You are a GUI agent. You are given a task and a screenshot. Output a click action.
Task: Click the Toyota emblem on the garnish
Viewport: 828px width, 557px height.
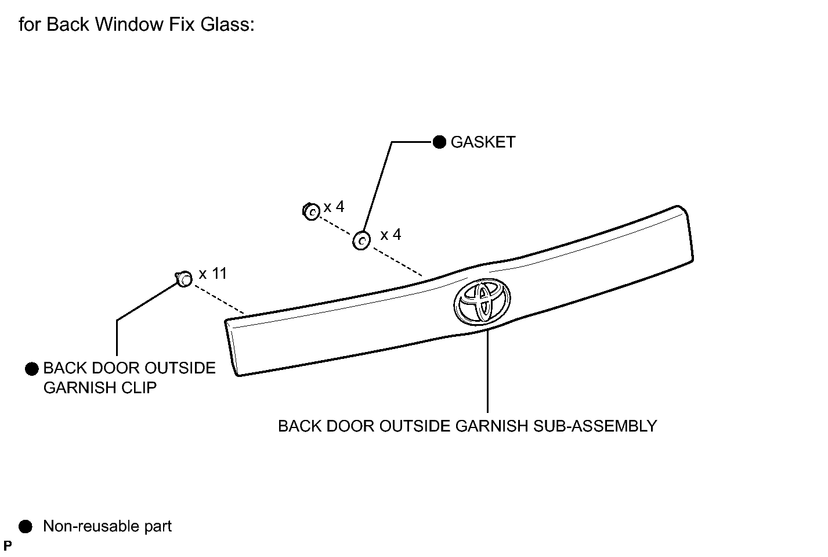click(482, 301)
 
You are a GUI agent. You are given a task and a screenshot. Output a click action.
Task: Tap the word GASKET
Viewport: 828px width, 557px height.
click(483, 142)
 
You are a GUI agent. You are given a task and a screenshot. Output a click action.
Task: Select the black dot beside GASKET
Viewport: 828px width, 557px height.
click(439, 142)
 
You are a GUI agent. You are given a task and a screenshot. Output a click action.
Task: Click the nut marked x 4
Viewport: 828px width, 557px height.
click(311, 211)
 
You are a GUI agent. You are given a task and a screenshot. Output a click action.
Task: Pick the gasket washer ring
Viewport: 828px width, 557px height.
click(361, 240)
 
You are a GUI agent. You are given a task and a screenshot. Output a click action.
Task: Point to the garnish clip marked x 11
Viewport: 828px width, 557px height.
click(184, 279)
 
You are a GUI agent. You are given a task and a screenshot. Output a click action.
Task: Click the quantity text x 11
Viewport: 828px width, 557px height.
click(212, 274)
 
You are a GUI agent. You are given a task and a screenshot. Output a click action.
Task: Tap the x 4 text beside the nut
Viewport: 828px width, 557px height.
click(334, 207)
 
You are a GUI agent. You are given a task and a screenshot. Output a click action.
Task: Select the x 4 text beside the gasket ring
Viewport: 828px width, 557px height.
click(391, 234)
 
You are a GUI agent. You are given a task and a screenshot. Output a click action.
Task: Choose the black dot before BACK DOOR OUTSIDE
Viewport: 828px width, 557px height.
click(32, 369)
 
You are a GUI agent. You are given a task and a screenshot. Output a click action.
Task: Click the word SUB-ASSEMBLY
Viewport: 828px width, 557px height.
click(595, 426)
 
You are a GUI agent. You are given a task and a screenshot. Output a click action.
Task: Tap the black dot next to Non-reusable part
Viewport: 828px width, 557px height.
click(26, 526)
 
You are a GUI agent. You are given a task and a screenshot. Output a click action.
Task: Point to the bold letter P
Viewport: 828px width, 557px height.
click(8, 545)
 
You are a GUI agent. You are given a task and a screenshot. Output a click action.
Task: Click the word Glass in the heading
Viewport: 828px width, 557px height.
click(227, 24)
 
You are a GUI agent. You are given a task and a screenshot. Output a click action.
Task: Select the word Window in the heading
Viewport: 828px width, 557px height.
click(129, 24)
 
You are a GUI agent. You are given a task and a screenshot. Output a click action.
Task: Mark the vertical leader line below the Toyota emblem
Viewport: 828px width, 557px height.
click(487, 371)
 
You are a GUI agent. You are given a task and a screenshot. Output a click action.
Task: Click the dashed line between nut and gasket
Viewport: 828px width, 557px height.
click(335, 226)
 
